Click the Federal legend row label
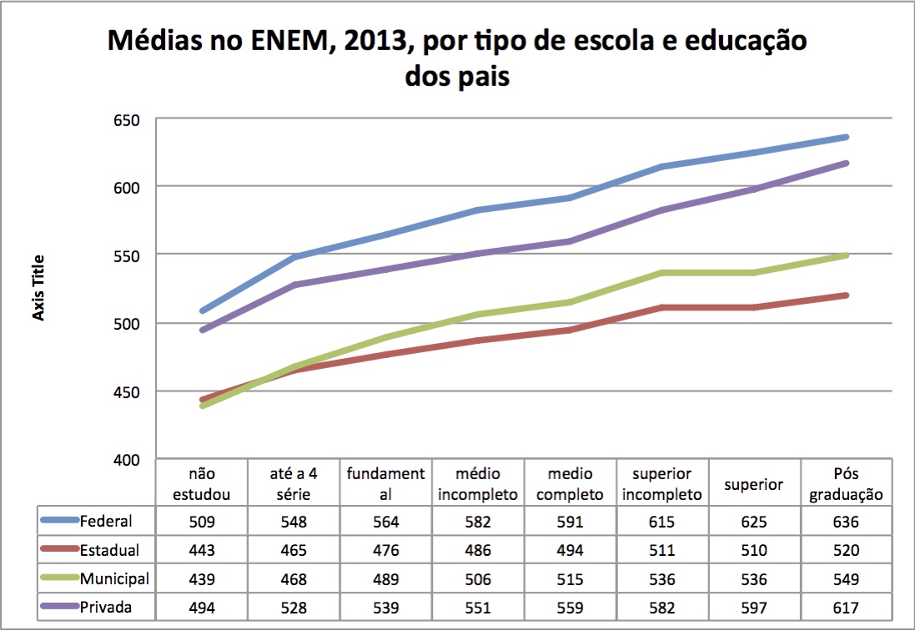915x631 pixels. (x=105, y=522)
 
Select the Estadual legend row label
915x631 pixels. (x=110, y=551)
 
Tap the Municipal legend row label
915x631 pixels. (x=114, y=579)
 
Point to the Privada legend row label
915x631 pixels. (x=106, y=608)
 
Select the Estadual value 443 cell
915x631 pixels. (x=201, y=551)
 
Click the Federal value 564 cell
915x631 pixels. (x=386, y=522)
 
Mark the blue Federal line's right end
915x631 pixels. (x=846, y=137)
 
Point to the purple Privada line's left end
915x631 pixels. (x=202, y=330)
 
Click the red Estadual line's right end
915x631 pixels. (x=846, y=295)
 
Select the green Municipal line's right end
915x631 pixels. (x=846, y=255)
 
